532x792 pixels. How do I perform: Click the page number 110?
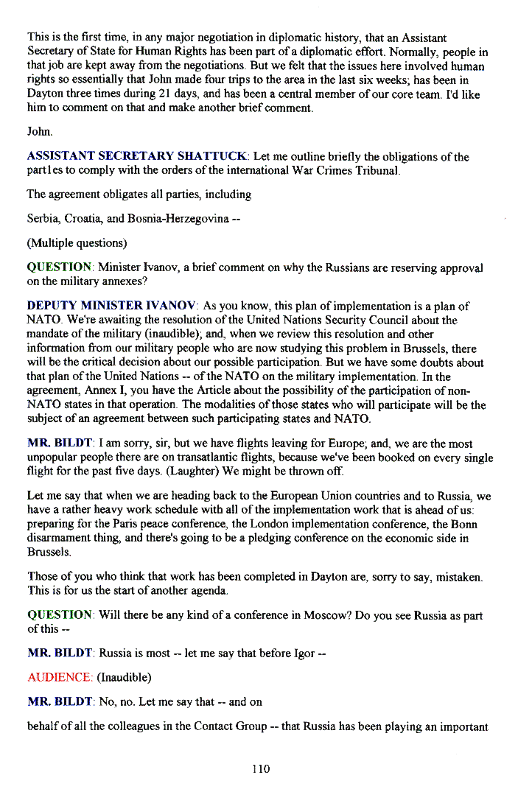coord(261,768)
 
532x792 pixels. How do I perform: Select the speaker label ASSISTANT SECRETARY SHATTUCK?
coord(138,157)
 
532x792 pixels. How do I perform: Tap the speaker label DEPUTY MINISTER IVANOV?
coord(111,306)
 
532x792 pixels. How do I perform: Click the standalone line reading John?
coord(38,131)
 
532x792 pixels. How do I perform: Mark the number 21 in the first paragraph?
coord(164,94)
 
